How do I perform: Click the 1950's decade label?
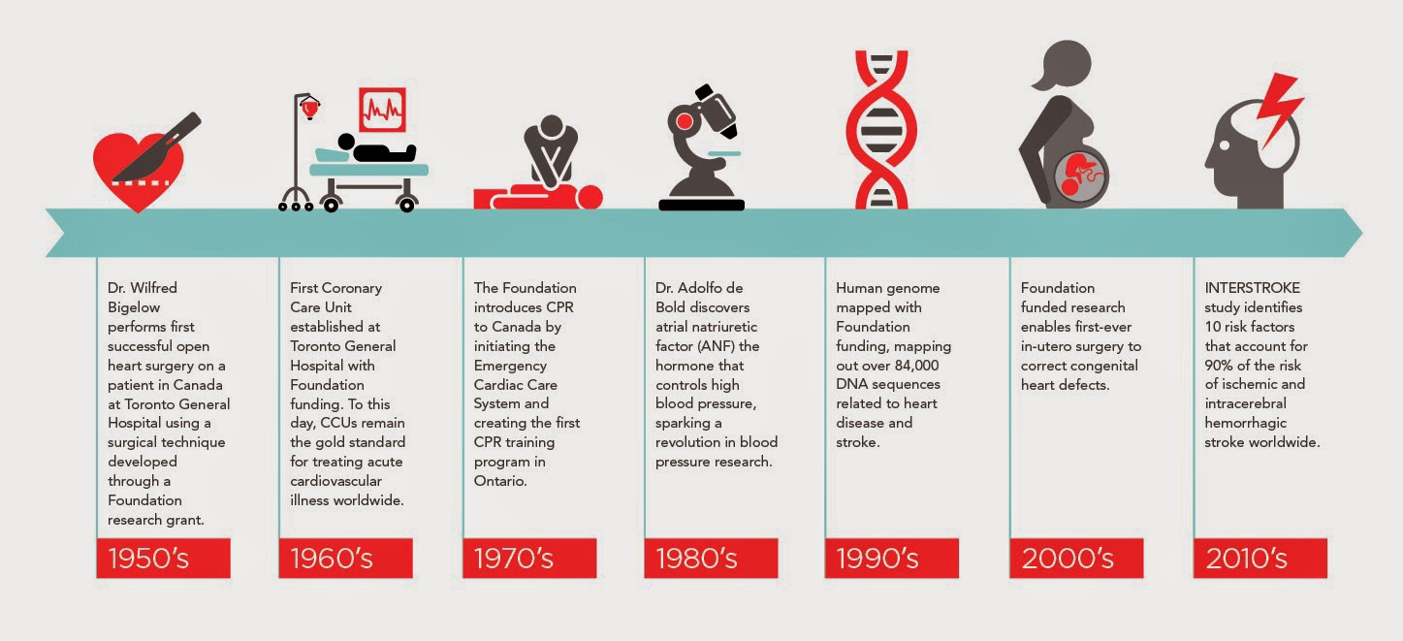pyautogui.click(x=164, y=558)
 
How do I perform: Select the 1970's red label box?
pyautogui.click(x=529, y=558)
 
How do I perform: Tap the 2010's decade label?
pyautogui.click(x=1260, y=558)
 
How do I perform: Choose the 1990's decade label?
pyautogui.click(x=892, y=558)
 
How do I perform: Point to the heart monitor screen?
pyautogui.click(x=382, y=110)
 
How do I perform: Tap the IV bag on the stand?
pyautogui.click(x=309, y=109)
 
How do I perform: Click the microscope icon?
pyautogui.click(x=702, y=147)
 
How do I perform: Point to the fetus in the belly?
pyautogui.click(x=1080, y=176)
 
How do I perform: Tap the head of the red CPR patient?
pyautogui.click(x=590, y=198)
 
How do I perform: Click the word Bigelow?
pyautogui.click(x=134, y=307)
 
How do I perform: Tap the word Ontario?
pyautogui.click(x=500, y=481)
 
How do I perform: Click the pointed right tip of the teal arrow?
pyautogui.click(x=1361, y=233)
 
